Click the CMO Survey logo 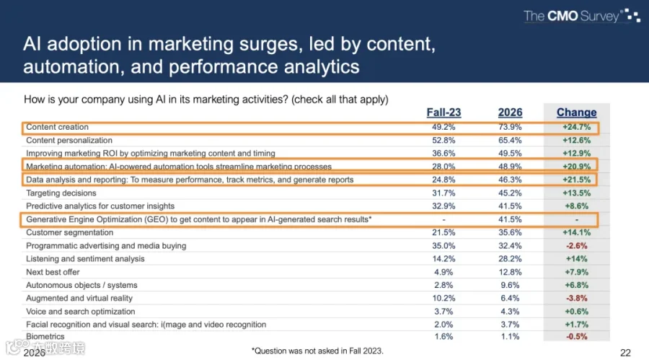582,16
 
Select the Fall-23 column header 443,113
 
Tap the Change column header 577,113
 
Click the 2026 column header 510,113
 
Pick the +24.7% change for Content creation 577,127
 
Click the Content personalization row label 69,141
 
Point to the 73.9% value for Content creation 510,127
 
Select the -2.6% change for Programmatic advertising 577,246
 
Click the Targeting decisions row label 61,193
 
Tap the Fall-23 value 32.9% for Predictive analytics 443,206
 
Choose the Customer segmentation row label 69,232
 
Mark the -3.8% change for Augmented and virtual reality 577,298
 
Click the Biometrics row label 45,336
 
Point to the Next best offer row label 53,272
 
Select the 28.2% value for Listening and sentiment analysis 510,259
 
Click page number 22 625,353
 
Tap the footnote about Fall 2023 317,351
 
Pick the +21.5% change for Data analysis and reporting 577,180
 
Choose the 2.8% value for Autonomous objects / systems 443,285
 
